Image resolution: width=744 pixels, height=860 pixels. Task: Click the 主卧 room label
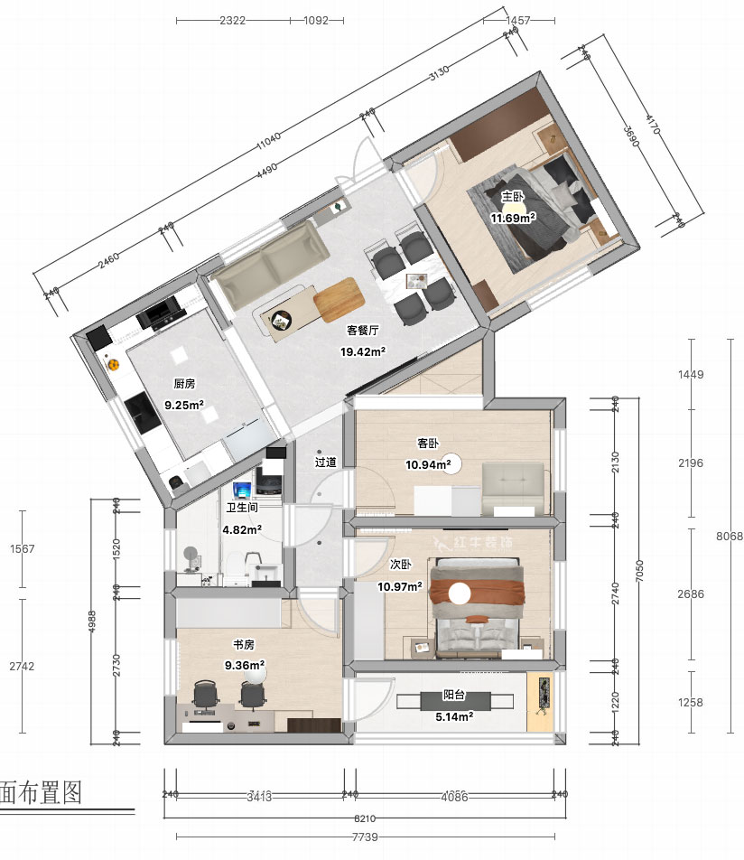pos(512,196)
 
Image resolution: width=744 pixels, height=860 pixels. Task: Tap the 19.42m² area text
pos(363,351)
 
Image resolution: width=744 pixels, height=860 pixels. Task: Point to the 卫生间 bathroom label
pos(242,508)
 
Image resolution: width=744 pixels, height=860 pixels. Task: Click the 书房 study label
pos(243,645)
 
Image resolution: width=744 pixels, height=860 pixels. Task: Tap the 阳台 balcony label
pos(454,696)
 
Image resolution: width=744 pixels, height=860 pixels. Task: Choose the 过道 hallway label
pos(325,462)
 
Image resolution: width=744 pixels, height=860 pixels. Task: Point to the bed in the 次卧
pos(478,605)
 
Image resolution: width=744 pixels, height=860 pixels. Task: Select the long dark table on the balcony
pos(455,701)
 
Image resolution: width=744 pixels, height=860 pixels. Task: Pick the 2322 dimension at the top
pos(232,19)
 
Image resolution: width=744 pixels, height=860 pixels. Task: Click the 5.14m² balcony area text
pos(454,716)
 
